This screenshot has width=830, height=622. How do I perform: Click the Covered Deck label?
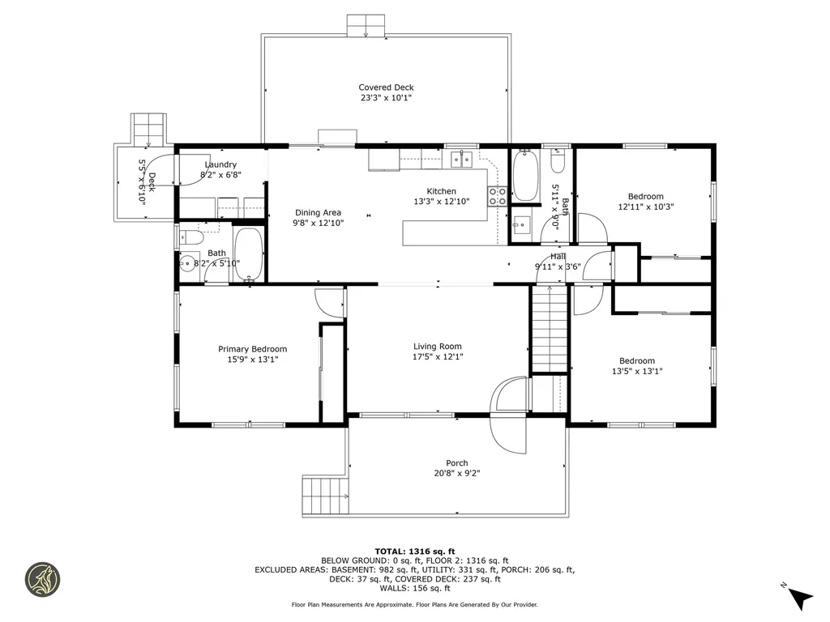click(386, 87)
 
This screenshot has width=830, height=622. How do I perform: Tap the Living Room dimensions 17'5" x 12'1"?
click(437, 356)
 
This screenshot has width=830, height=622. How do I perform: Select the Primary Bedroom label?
click(253, 349)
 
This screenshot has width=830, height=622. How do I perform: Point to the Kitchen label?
click(442, 191)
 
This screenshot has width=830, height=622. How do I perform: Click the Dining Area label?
click(318, 213)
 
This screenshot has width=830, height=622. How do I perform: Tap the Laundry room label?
click(220, 164)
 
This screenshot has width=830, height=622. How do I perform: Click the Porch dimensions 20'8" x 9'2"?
click(457, 473)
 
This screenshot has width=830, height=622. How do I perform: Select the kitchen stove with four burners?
click(497, 196)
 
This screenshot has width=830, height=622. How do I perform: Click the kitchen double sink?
click(461, 159)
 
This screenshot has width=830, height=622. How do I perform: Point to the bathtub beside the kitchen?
click(525, 175)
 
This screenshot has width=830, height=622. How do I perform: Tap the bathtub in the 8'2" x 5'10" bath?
click(248, 254)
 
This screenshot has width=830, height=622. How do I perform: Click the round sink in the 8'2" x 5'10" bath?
click(187, 263)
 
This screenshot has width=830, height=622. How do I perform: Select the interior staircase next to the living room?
click(550, 329)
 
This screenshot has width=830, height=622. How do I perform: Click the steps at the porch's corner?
click(326, 495)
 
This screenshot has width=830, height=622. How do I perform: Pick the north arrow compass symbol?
click(798, 596)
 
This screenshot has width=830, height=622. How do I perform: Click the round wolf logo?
click(43, 580)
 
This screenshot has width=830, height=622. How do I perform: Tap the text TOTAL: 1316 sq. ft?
click(414, 552)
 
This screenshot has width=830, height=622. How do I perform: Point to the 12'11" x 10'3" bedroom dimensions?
click(646, 207)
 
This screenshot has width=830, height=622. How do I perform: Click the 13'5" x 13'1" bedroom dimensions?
click(637, 371)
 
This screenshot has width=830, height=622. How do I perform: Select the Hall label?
click(558, 257)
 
